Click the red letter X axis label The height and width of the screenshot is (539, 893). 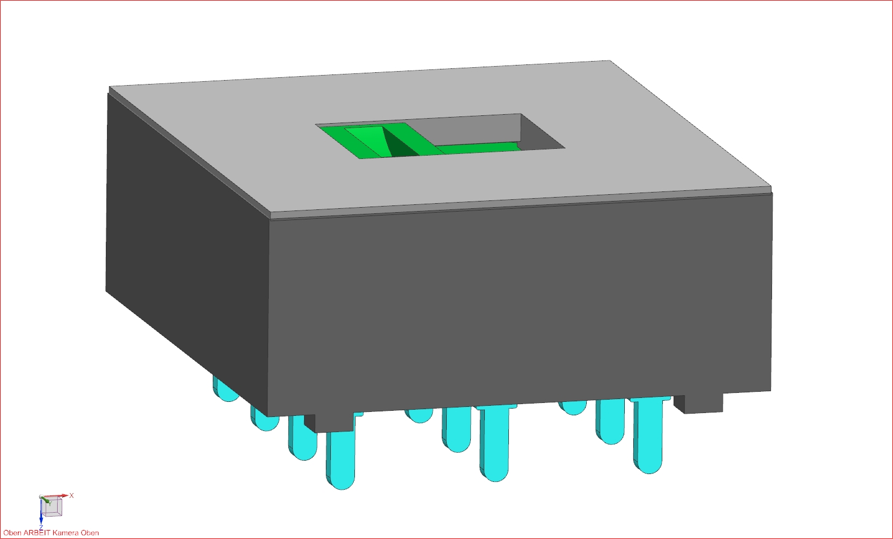[x=72, y=495]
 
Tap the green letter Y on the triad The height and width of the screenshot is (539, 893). [x=50, y=504]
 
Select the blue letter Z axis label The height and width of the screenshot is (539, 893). [x=41, y=527]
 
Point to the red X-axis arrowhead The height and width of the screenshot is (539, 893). [x=66, y=496]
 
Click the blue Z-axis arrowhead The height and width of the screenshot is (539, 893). [x=41, y=521]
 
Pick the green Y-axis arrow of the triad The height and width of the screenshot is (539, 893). [x=46, y=499]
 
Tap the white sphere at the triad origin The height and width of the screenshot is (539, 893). [x=41, y=496]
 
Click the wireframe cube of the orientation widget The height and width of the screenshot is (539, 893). [x=52, y=507]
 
